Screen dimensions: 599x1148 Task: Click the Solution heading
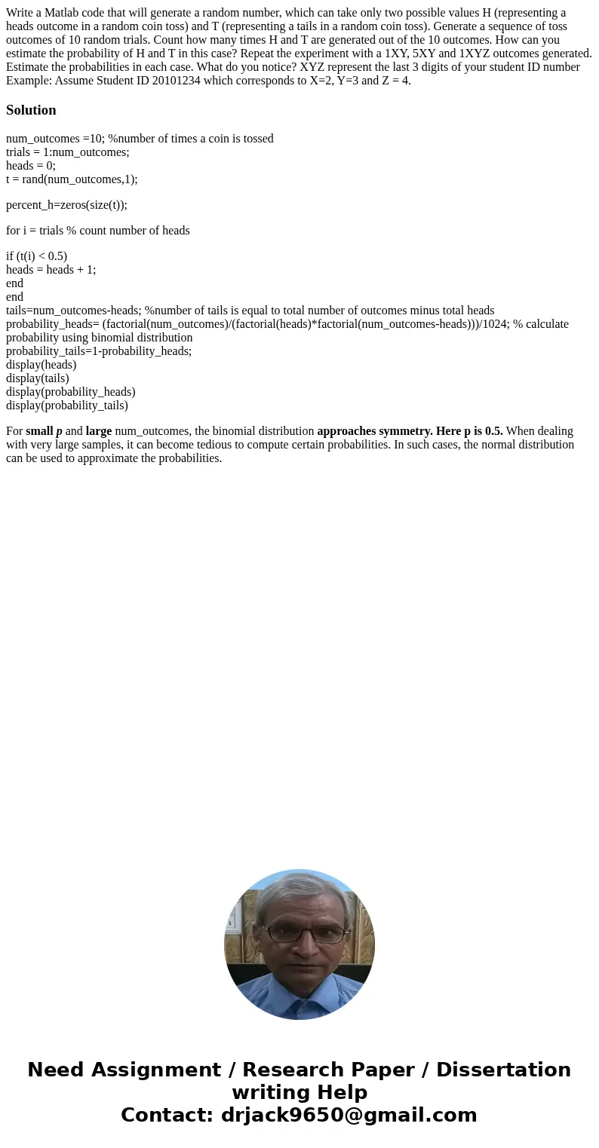(31, 110)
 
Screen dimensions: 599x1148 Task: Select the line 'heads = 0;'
(31, 166)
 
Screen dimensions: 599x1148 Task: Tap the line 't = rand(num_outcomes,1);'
(72, 179)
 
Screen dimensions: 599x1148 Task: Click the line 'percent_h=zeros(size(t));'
(66, 205)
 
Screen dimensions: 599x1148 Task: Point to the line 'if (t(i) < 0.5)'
(36, 256)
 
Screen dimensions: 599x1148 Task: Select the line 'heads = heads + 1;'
(51, 270)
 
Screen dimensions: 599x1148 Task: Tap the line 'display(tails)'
(37, 378)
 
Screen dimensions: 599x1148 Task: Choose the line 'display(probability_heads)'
(71, 392)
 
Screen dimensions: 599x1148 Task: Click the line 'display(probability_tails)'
(67, 406)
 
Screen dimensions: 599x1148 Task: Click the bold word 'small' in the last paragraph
(39, 431)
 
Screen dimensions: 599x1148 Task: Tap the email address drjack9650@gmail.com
(349, 1116)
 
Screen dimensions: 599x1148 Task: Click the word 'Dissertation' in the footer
(503, 1070)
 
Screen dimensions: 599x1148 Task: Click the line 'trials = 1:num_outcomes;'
(68, 152)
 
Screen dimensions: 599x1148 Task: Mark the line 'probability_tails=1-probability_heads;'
(99, 351)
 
